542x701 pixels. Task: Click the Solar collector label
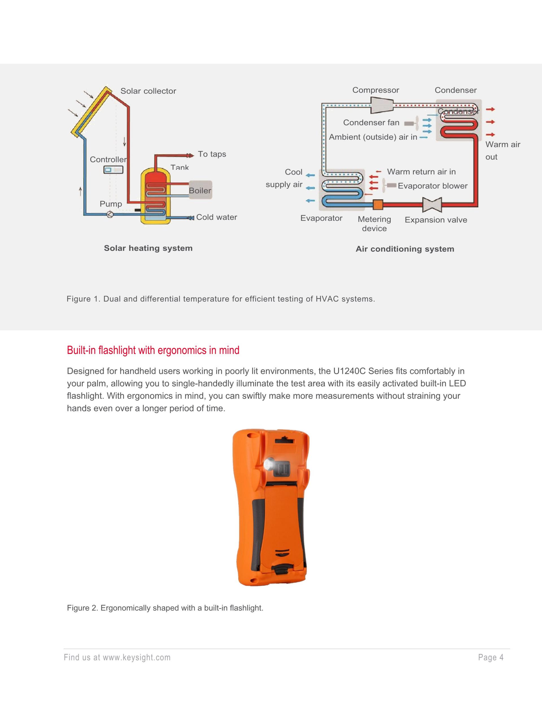148,91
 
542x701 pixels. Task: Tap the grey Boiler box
200,190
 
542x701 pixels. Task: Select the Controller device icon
113,170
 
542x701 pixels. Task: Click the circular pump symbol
110,214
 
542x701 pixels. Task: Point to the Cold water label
217,217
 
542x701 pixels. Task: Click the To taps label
212,154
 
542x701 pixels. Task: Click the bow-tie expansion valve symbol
432,204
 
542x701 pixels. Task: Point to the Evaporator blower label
432,186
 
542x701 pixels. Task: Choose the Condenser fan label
371,122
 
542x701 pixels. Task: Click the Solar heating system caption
148,248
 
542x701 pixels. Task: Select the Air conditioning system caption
405,249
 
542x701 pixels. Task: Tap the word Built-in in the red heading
81,350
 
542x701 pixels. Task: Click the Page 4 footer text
491,658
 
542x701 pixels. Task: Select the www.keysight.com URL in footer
136,658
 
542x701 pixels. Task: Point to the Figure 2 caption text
165,608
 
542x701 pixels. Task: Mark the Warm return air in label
421,172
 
